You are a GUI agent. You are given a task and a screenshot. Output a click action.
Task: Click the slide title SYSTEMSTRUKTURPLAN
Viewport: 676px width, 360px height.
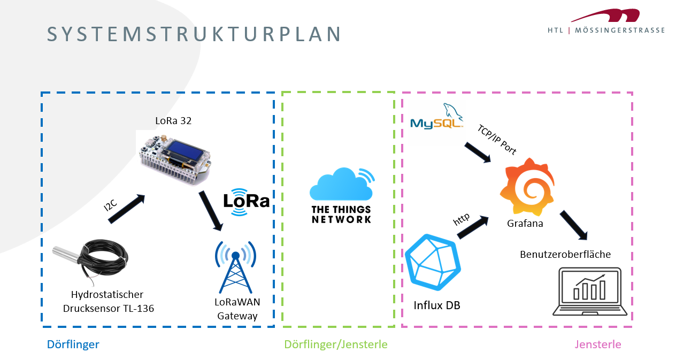pyautogui.click(x=194, y=34)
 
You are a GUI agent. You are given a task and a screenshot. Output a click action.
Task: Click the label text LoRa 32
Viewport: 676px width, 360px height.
pyautogui.click(x=173, y=121)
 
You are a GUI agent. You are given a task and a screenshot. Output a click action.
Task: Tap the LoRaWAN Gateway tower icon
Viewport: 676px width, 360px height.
pyautogui.click(x=235, y=267)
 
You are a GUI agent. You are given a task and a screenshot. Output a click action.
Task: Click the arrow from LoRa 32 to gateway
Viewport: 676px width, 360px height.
pyautogui.click(x=210, y=210)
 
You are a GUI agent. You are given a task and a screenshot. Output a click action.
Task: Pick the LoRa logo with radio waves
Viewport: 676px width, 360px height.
pyautogui.click(x=247, y=202)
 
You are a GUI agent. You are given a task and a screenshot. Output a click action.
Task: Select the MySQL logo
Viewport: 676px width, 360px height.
pyautogui.click(x=436, y=117)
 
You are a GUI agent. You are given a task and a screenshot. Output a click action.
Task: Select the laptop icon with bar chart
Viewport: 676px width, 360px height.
pyautogui.click(x=589, y=292)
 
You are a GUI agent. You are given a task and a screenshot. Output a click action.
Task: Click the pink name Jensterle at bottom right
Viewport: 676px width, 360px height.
pyautogui.click(x=598, y=344)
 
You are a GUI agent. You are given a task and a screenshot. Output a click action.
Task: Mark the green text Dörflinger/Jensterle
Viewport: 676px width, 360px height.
pyautogui.click(x=336, y=344)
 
